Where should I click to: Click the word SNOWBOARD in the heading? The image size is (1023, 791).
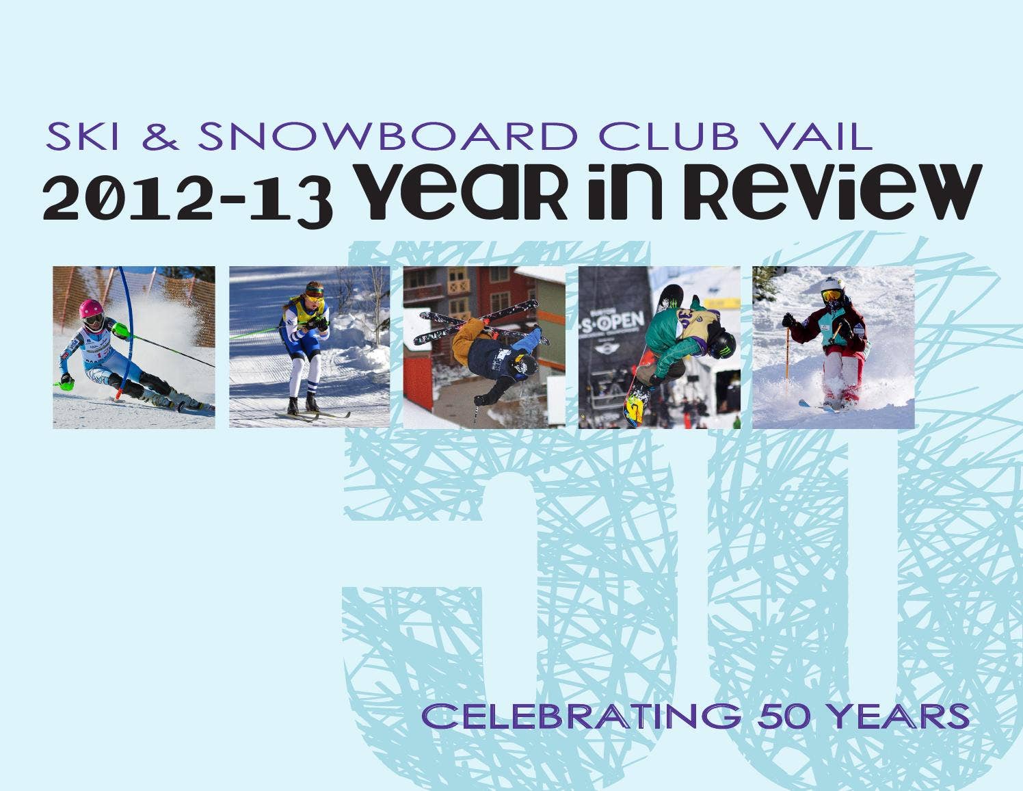[x=388, y=136]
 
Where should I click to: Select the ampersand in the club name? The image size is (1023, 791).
[x=160, y=136]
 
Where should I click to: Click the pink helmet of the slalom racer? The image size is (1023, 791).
[x=90, y=309]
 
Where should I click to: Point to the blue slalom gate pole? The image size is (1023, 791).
[x=124, y=330]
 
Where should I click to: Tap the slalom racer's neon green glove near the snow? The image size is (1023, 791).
[x=66, y=385]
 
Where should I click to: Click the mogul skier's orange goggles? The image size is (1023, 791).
[x=832, y=296]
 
